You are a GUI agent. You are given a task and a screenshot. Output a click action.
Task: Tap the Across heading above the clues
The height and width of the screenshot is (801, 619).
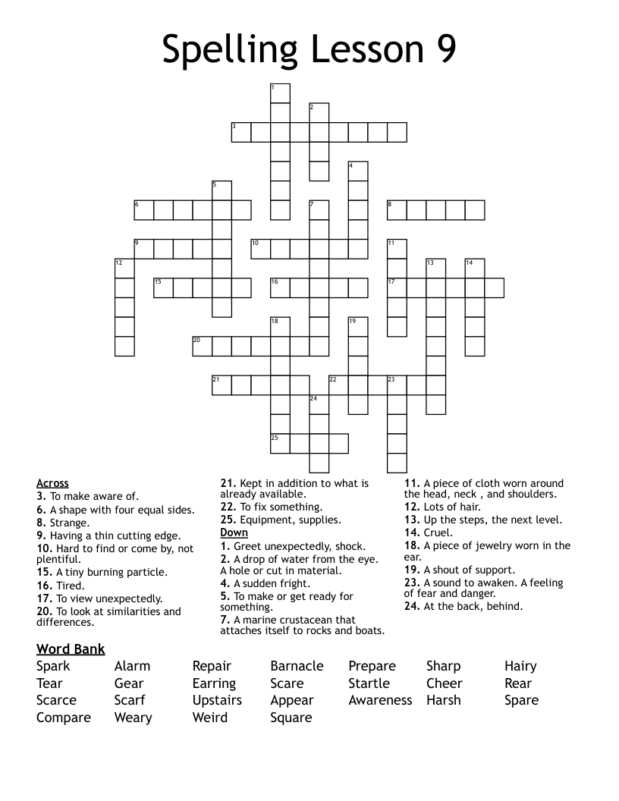[52, 483]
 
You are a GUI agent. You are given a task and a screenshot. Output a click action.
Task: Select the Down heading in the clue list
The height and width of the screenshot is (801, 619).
[234, 532]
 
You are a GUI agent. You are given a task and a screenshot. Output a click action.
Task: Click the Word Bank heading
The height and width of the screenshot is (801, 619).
[71, 649]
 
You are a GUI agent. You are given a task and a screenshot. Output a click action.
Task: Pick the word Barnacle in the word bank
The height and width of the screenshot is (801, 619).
[297, 666]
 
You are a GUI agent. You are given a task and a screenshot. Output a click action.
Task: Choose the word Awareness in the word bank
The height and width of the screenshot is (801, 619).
[380, 700]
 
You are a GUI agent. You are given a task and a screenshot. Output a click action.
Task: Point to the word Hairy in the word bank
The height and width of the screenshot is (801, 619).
[520, 666]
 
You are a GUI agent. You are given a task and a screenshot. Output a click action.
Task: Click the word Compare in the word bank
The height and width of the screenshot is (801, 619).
[64, 718]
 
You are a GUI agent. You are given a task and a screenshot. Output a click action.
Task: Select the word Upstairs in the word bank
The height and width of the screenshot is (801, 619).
[217, 700]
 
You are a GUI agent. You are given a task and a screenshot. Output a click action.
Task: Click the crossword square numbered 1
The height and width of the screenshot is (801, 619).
[280, 93]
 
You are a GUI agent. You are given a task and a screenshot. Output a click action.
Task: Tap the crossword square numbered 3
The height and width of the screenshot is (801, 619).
[241, 133]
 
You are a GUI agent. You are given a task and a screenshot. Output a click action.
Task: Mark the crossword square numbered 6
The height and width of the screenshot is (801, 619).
[144, 210]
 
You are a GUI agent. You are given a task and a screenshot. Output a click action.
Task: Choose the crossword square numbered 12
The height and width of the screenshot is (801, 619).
[124, 268]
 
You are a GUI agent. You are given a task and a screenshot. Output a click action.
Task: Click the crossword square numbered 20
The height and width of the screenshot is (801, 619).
[202, 346]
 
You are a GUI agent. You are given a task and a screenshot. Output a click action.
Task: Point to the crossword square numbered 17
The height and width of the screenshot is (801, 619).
[397, 287]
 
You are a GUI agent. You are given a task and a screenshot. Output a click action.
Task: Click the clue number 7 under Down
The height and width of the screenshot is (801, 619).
[225, 620]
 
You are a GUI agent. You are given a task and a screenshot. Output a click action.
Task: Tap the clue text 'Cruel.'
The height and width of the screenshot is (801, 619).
[438, 532]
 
